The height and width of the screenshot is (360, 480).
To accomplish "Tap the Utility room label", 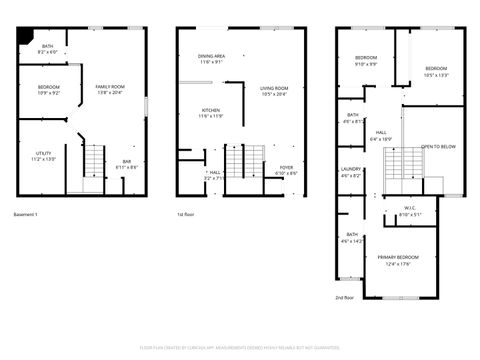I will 44,156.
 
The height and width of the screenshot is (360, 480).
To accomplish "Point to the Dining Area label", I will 211,58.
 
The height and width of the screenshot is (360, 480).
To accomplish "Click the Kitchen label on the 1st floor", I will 211,112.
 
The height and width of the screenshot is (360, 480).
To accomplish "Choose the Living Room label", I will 274,91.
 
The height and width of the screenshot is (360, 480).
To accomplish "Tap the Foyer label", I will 286,170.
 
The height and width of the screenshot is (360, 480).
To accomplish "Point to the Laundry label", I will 351,172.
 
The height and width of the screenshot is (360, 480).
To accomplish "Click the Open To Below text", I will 438,147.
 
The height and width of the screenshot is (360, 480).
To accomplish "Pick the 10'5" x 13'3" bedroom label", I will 437,71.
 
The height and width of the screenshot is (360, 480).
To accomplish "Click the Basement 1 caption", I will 26,215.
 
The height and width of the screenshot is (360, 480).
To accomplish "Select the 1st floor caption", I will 186,215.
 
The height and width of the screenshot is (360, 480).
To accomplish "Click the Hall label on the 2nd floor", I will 382,135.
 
